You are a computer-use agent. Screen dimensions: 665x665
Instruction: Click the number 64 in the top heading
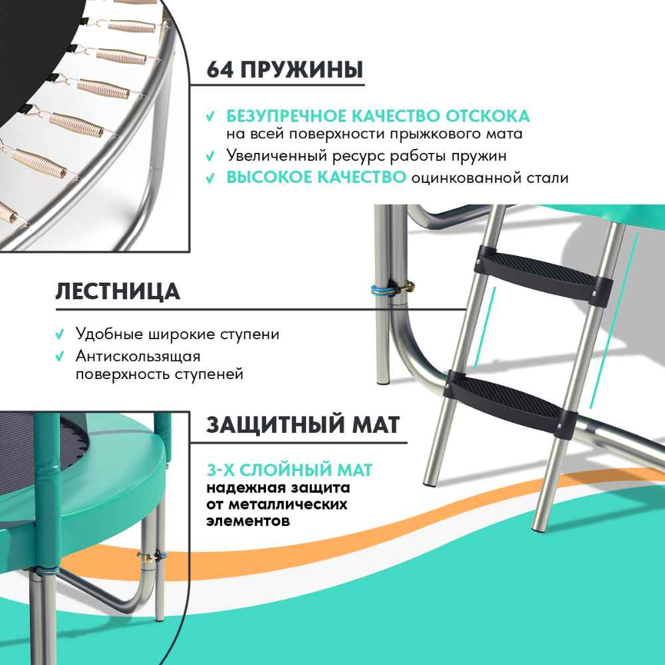[219, 70]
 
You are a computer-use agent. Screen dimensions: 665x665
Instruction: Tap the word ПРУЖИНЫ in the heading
[302, 70]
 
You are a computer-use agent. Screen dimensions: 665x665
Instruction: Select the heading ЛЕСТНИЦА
[118, 291]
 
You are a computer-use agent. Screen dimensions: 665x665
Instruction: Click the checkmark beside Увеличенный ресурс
[210, 156]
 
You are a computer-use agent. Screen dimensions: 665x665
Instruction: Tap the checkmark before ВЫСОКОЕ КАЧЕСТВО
[210, 178]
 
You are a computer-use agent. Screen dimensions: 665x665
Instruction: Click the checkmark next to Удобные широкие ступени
[60, 334]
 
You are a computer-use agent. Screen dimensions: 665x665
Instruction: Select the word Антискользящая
[138, 356]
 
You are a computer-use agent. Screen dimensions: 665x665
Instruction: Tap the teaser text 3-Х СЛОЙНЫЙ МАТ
[289, 470]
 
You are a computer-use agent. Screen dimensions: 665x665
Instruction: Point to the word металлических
[287, 505]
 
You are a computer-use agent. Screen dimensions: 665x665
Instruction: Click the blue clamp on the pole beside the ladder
[384, 290]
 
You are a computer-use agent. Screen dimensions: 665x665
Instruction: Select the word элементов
[248, 521]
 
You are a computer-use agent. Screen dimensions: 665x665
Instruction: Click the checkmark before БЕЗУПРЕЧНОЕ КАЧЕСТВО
[210, 116]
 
